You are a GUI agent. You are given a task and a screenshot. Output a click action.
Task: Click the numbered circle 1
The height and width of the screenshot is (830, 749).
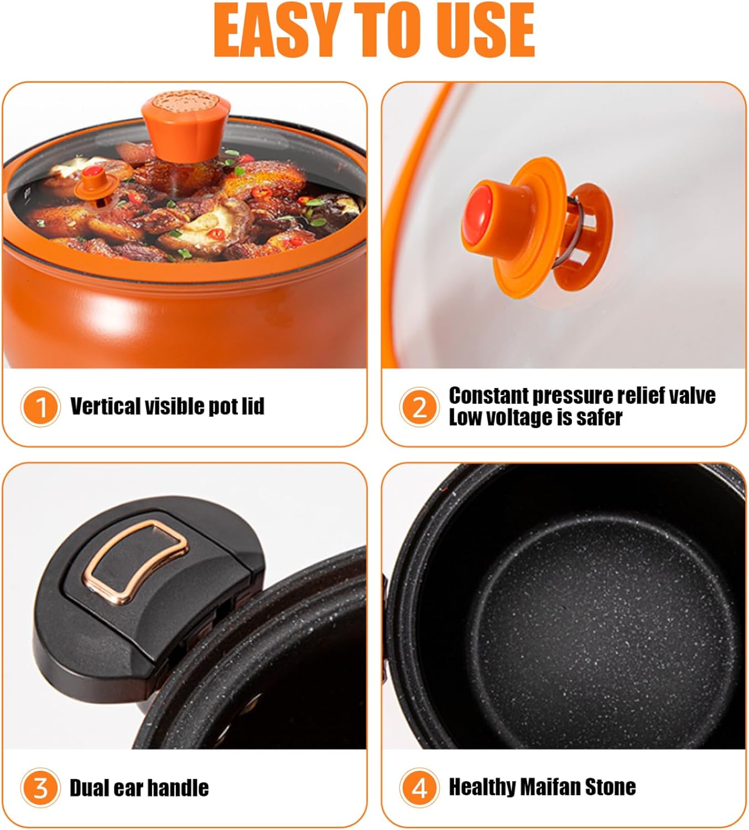[40, 407]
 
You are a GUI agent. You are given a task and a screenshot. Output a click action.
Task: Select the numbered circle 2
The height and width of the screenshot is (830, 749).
[419, 407]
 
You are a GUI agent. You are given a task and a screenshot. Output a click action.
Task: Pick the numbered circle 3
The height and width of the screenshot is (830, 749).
[40, 787]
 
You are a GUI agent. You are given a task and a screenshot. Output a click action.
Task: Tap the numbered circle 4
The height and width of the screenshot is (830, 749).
[419, 787]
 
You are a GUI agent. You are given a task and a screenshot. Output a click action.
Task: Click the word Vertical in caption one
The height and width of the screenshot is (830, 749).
[105, 406]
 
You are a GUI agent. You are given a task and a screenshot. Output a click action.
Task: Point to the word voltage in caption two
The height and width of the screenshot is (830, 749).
[516, 417]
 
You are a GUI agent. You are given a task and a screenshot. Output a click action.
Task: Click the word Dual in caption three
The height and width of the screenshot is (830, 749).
[89, 787]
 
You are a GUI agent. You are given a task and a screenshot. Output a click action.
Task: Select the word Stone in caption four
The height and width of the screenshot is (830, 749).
[611, 786]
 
